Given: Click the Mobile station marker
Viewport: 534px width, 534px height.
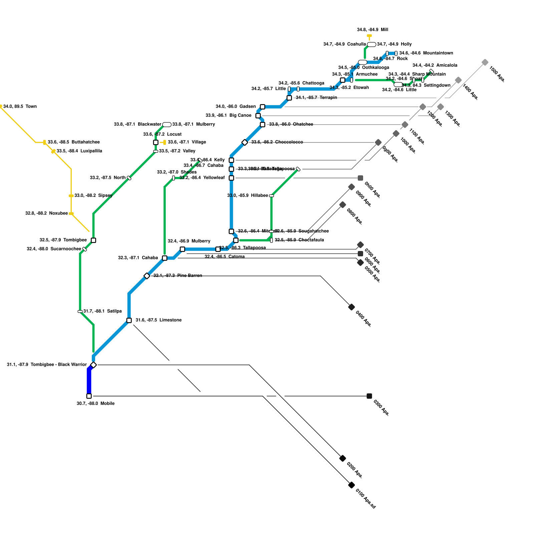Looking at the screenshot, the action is coord(89,396).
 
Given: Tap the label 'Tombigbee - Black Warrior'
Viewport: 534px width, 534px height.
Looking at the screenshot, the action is coord(59,364).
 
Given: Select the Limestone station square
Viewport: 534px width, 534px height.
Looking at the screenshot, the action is coord(129,320).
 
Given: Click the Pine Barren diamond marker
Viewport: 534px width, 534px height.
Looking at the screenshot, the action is coord(147,276).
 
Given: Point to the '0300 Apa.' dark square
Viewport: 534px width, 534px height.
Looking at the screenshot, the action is coord(369,396).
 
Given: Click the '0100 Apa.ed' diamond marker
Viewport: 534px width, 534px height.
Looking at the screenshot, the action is coord(351,485).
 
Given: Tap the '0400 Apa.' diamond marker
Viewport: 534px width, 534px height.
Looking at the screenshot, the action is coord(351,307).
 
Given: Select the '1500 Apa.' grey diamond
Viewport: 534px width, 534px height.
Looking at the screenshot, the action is coord(485,62).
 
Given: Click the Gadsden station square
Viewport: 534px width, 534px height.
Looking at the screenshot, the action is coord(263,107).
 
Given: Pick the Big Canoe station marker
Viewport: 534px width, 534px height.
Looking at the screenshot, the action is coord(258,115).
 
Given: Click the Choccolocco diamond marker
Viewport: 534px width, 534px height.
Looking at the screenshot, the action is coord(245,143).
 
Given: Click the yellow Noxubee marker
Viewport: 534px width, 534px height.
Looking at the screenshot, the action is coord(71,214).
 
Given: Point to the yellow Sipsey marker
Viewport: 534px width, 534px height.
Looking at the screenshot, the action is coord(71,196).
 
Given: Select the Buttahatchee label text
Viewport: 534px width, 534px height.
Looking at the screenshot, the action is coord(85,142).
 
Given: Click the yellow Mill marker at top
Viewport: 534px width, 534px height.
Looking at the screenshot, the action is coord(369,35).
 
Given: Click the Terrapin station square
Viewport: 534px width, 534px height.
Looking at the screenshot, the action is coord(289,98).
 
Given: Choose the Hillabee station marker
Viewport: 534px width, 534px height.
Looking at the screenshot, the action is coord(271,196).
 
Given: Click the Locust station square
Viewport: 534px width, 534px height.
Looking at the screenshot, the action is coord(156,143).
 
